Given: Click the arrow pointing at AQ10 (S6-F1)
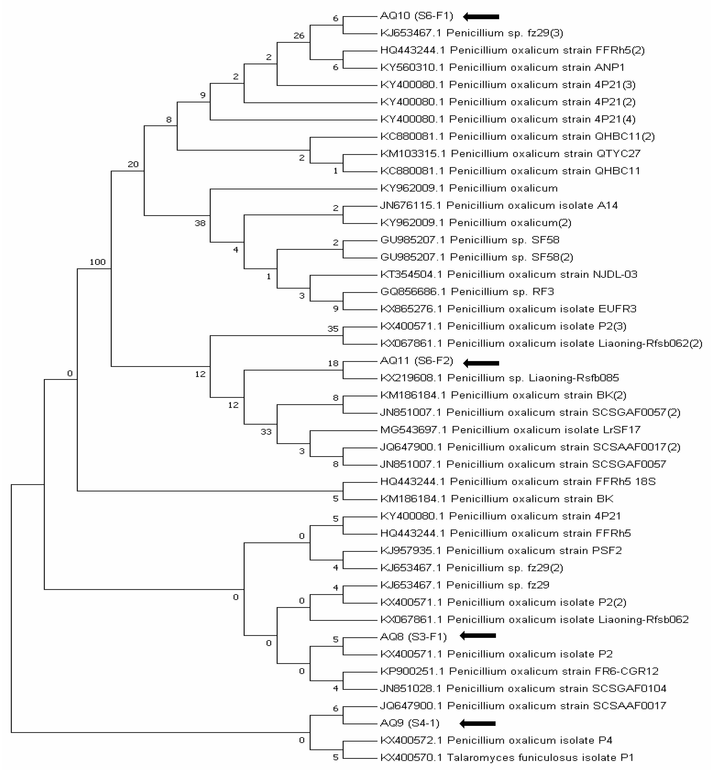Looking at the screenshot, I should coord(481,17).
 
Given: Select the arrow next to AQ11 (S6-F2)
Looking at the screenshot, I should coord(481,363).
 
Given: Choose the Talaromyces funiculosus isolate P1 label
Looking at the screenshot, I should coord(507,757).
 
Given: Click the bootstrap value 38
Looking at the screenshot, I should coord(200,223).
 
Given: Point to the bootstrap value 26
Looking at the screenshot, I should coord(299,36).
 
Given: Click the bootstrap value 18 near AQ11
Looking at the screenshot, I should coord(333,363).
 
